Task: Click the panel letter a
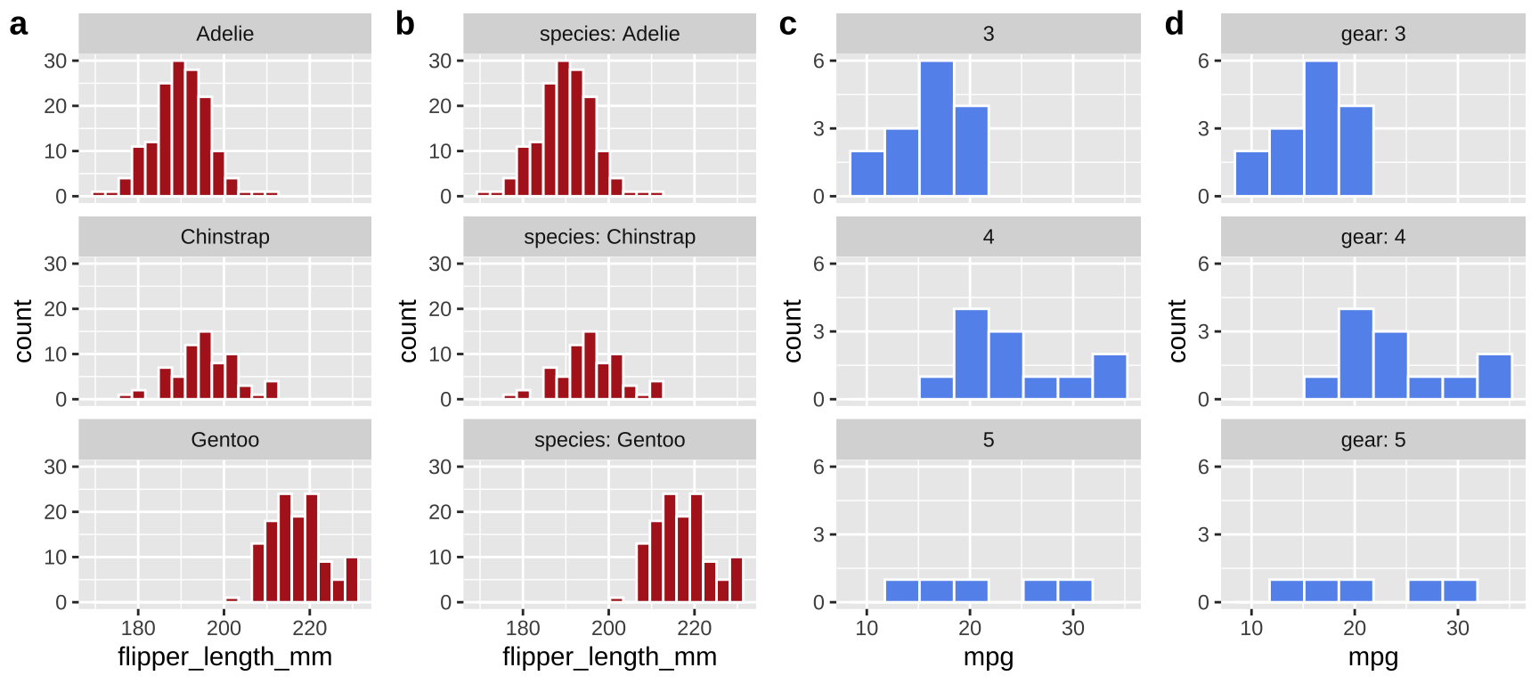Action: [x=19, y=24]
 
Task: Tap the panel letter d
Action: [x=1174, y=24]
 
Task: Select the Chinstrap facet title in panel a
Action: [x=224, y=237]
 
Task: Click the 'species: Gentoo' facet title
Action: [x=609, y=440]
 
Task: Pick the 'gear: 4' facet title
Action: [x=1372, y=237]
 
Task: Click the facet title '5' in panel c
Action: [x=988, y=440]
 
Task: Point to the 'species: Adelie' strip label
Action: [x=609, y=34]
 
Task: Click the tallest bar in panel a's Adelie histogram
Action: [x=178, y=128]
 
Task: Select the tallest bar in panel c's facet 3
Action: [x=937, y=128]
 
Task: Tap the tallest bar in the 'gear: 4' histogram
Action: [x=1356, y=354]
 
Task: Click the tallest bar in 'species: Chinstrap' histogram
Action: [x=590, y=365]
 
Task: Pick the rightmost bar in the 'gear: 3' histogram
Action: [x=1356, y=151]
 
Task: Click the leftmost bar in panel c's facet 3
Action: [x=867, y=174]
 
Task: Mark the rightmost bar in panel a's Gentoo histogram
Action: [x=352, y=580]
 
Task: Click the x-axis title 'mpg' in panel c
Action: [x=988, y=657]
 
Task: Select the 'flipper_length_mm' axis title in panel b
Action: [x=609, y=657]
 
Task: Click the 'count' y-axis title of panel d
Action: [x=1177, y=330]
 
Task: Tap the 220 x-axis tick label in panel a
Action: [x=309, y=628]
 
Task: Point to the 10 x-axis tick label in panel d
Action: [x=1251, y=628]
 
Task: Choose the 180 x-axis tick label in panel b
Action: [x=523, y=628]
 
